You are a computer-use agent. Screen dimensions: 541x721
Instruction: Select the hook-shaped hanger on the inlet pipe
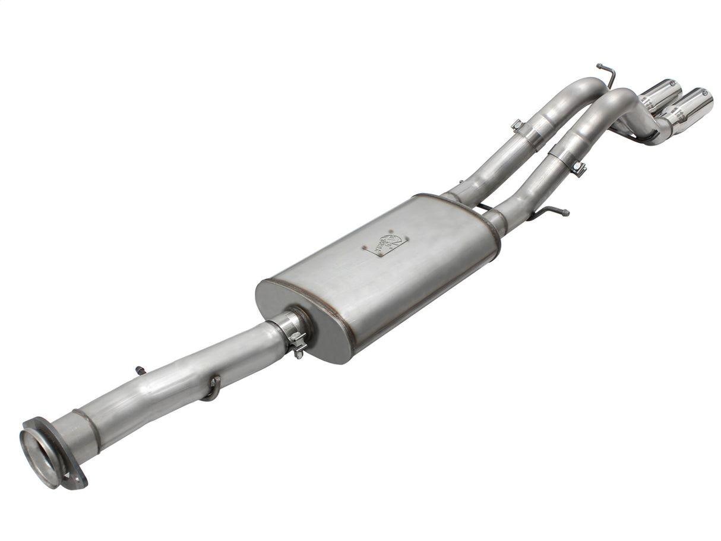tap(212, 389)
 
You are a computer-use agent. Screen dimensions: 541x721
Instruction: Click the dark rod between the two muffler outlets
tap(483, 207)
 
